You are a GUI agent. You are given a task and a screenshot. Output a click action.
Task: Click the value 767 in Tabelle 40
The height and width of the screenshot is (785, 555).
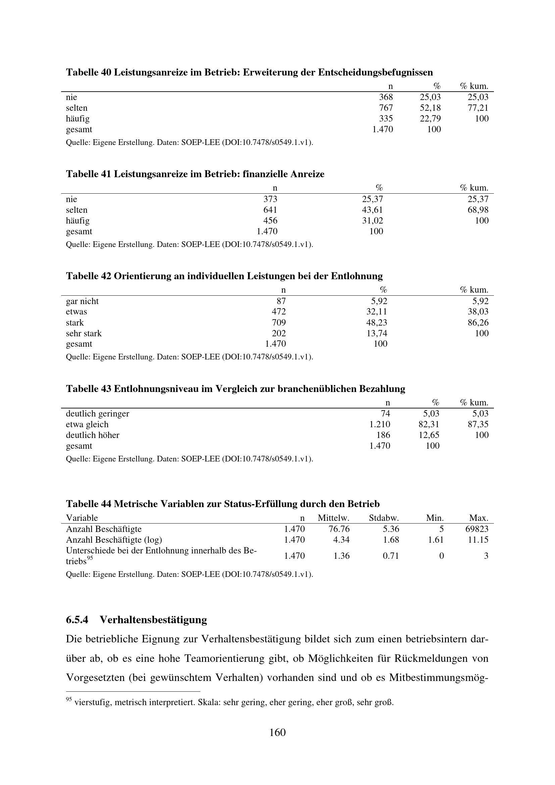[x=386, y=108]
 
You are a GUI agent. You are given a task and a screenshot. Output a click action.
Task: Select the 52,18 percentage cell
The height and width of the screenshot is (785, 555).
[x=430, y=108]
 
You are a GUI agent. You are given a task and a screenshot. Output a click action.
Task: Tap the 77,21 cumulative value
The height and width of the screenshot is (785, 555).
[x=478, y=108]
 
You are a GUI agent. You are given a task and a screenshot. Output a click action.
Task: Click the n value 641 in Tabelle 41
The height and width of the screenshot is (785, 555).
[x=270, y=210]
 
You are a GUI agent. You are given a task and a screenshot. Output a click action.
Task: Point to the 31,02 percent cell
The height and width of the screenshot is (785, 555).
[x=372, y=220]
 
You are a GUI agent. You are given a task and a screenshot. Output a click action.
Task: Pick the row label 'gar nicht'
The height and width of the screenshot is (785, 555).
[x=82, y=301]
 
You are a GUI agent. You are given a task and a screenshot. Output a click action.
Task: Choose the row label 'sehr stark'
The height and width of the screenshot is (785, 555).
[x=84, y=333]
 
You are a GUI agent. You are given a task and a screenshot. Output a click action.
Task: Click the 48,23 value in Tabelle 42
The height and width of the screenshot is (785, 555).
[x=376, y=323]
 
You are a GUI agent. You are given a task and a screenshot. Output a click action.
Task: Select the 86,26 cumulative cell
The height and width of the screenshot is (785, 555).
[x=478, y=323]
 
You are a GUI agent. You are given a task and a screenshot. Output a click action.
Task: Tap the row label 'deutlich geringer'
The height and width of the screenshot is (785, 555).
[x=97, y=414]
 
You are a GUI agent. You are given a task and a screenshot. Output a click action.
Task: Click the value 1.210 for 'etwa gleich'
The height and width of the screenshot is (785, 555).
[x=380, y=425]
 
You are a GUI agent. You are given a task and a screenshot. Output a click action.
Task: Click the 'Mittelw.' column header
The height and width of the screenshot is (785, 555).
[x=334, y=518]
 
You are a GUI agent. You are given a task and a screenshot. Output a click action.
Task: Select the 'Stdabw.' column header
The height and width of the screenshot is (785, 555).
[x=384, y=518]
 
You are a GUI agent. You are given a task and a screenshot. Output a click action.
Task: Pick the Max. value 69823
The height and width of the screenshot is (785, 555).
[x=477, y=529]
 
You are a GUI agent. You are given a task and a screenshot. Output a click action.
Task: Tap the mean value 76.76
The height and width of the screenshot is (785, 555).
[x=339, y=529]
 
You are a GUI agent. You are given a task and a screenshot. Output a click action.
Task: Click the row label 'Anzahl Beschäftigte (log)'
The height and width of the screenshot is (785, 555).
[x=114, y=540]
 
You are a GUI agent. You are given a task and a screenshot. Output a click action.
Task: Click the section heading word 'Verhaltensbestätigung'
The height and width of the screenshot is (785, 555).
[x=153, y=620]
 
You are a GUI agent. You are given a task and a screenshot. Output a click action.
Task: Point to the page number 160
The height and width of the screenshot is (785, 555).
[x=277, y=732]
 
